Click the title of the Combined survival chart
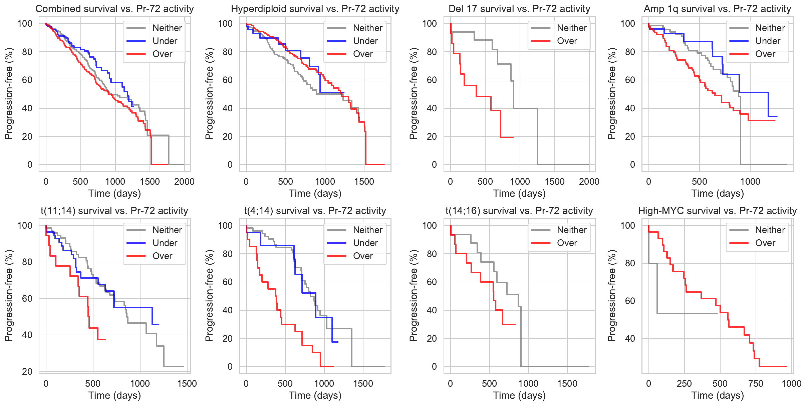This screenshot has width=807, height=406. coord(114,9)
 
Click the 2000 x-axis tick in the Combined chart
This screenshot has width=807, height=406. coord(184,182)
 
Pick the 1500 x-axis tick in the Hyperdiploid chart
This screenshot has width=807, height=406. coord(364,182)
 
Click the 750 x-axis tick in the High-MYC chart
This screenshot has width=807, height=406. coord(756,384)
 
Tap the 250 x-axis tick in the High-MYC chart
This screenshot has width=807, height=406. coord(684,384)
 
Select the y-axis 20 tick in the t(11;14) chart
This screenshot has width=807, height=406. coord(27,372)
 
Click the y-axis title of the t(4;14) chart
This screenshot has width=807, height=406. coord(209,296)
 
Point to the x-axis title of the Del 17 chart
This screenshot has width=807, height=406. coord(519,193)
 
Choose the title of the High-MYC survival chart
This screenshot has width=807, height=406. coord(717,211)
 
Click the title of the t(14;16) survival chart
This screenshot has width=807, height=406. coord(519,211)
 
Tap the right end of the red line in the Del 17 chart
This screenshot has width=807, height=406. coord(513,137)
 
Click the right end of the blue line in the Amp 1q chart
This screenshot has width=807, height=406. coord(777,116)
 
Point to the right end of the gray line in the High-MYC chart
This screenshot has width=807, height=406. coord(717,313)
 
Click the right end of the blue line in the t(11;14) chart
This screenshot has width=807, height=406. coord(159,324)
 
